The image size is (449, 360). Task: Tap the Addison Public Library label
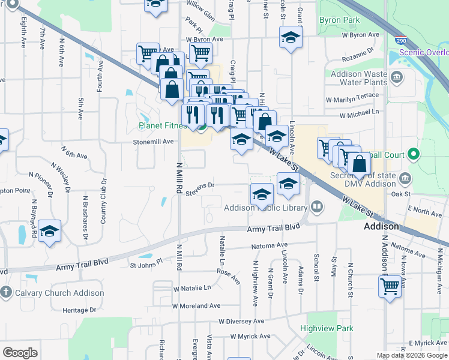[265, 208]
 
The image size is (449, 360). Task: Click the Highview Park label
[327, 328]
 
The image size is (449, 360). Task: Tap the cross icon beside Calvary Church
[6, 293]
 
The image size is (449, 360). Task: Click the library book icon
[317, 208]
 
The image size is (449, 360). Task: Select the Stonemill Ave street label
[152, 142]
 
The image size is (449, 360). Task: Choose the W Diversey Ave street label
[241, 321]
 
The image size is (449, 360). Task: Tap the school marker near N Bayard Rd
[50, 230]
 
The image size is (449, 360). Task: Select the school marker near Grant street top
[291, 37]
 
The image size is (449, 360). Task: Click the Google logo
[20, 353]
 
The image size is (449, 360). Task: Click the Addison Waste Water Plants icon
[396, 77]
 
